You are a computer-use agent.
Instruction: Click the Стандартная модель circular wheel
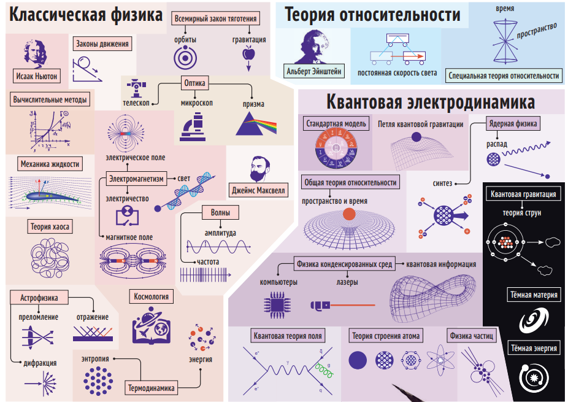pyautogui.click(x=336, y=149)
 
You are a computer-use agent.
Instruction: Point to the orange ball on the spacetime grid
pyautogui.click(x=349, y=214)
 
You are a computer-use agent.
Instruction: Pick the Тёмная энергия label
pyautogui.click(x=534, y=348)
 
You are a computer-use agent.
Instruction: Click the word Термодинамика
pyautogui.click(x=152, y=388)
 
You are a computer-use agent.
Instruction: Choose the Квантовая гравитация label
pyautogui.click(x=524, y=195)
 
